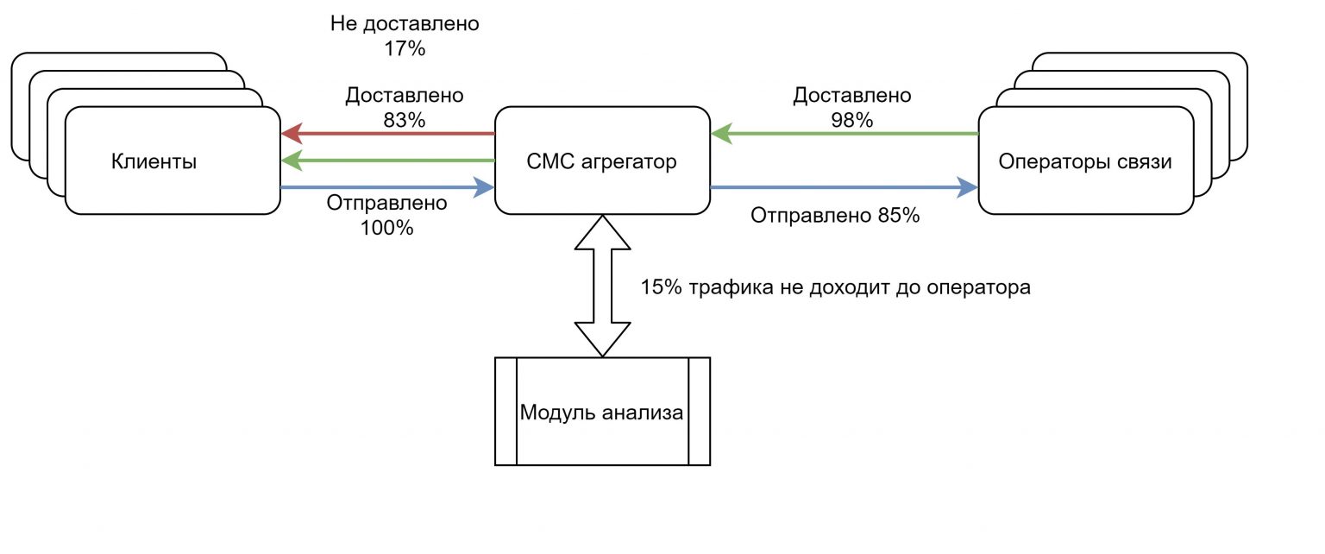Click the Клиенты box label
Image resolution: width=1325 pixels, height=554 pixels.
tap(154, 161)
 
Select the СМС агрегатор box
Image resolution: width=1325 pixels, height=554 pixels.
tap(601, 161)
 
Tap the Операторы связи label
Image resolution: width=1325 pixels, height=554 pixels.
tap(1084, 161)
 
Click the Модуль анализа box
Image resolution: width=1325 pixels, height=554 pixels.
tap(601, 412)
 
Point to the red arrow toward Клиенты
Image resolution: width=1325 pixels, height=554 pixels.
tap(388, 135)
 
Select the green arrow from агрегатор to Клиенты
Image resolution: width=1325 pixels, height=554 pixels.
tap(388, 161)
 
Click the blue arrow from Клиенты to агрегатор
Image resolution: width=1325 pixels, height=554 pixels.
tap(388, 186)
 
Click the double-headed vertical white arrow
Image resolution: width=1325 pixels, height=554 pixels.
tap(601, 286)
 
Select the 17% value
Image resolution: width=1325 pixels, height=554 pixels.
tap(405, 49)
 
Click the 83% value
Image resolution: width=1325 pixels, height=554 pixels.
tap(405, 120)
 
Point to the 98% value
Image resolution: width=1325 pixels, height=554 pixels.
tap(851, 120)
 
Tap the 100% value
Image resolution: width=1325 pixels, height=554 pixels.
tap(387, 229)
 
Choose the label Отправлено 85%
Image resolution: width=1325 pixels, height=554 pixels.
tap(834, 216)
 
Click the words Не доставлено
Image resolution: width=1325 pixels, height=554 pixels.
tap(405, 23)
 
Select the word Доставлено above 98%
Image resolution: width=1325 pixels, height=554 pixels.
tap(851, 95)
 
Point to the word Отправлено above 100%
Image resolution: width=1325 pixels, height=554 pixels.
tap(387, 205)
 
